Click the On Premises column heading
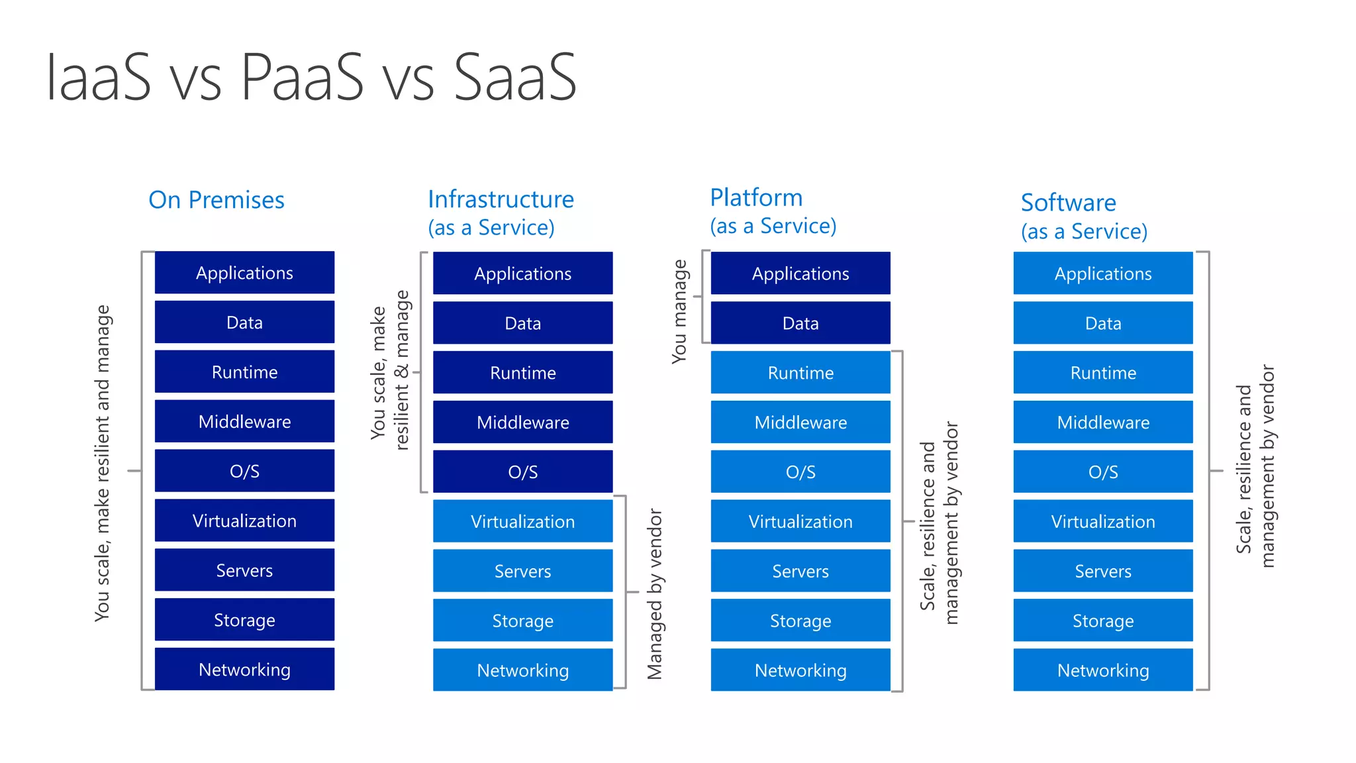pos(217,200)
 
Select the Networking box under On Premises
pos(244,669)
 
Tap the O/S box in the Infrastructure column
pos(522,472)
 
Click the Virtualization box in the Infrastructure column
pos(522,521)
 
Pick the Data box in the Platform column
pos(800,323)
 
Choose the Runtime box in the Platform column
pos(800,373)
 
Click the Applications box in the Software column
pos(1103,274)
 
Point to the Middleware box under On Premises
pos(244,421)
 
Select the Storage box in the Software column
pos(1103,621)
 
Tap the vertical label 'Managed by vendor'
pos(654,594)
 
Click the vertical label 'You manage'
pos(679,311)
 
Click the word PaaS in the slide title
pos(302,77)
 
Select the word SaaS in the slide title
pos(516,77)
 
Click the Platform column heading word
pos(756,197)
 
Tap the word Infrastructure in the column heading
pos(501,199)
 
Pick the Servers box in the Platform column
pos(800,571)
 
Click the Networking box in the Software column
pos(1103,670)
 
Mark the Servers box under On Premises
pos(244,570)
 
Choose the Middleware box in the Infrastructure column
pos(522,422)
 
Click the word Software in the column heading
pos(1068,203)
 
